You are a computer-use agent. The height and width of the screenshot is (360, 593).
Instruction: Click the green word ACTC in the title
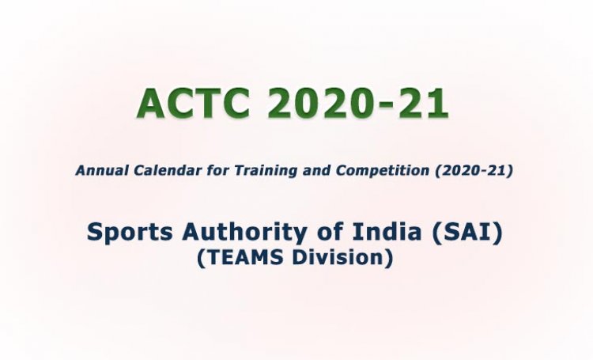pyautogui.click(x=198, y=103)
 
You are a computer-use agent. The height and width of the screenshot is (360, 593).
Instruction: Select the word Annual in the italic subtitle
pyautogui.click(x=98, y=170)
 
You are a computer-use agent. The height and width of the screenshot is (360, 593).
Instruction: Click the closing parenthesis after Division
pyautogui.click(x=388, y=259)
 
